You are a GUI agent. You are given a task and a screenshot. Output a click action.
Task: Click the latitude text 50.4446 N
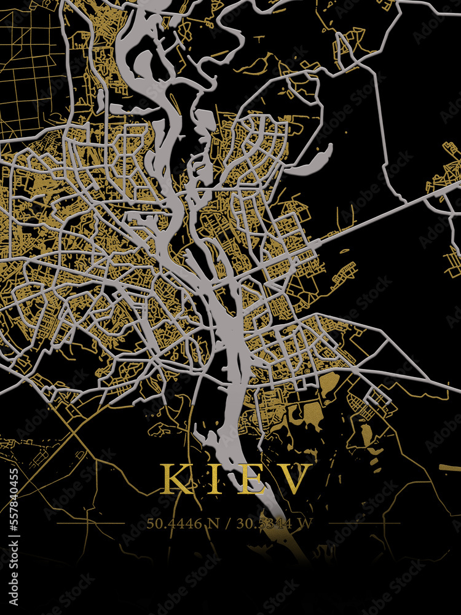[x=181, y=524]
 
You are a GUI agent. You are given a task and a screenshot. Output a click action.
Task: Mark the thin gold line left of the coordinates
[x=92, y=523]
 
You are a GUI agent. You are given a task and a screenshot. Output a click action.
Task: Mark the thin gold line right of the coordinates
[x=363, y=523]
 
